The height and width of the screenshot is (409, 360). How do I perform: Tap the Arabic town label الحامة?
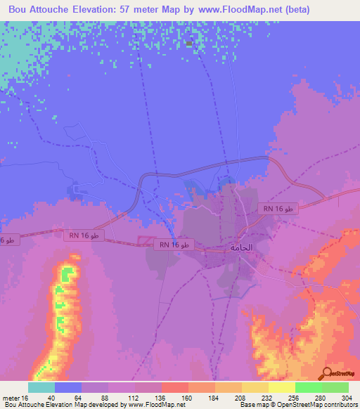pyautogui.click(x=241, y=247)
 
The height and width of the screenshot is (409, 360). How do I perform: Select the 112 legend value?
pyautogui.click(x=136, y=398)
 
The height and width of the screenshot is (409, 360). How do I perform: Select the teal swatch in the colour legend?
pyautogui.click(x=41, y=387)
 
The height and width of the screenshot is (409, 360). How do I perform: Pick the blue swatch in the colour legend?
pyautogui.click(x=68, y=387)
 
